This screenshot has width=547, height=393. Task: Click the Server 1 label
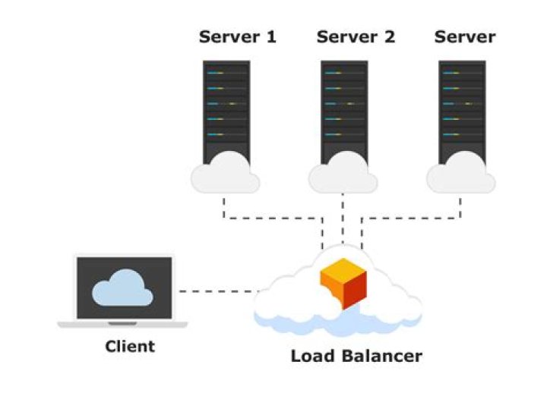tap(236, 37)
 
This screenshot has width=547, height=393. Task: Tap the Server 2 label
tap(356, 37)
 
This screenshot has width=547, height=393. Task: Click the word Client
tap(129, 347)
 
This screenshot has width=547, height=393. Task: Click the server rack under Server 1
tap(226, 106)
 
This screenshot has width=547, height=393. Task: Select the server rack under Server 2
tap(344, 106)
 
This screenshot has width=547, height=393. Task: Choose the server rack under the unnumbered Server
tap(463, 106)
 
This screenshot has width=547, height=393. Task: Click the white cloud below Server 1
tap(225, 174)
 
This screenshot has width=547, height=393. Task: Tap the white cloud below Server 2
tap(343, 174)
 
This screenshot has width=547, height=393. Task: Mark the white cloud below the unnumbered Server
tap(461, 174)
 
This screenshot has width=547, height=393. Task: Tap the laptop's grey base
tap(122, 324)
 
